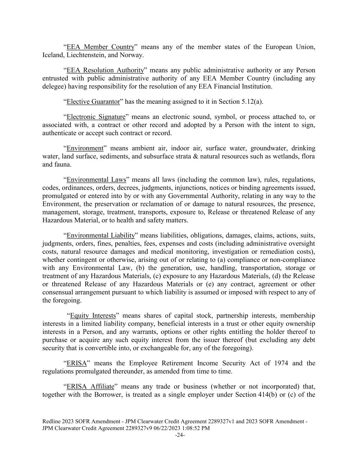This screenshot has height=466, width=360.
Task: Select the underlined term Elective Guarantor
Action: (93, 102)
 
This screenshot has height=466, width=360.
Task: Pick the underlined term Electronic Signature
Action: (96, 117)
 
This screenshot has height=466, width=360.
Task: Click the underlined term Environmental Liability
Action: (101, 235)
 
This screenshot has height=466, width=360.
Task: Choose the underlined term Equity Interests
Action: (93, 315)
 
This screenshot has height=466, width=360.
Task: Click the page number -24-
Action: (180, 435)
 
